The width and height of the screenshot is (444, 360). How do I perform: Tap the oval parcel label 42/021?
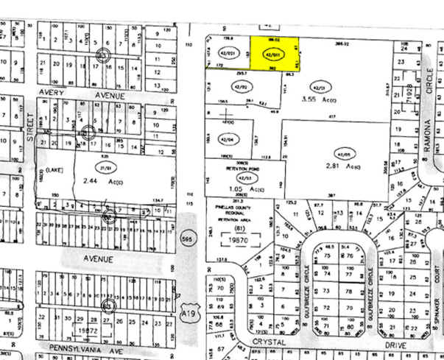pos(231,54)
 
